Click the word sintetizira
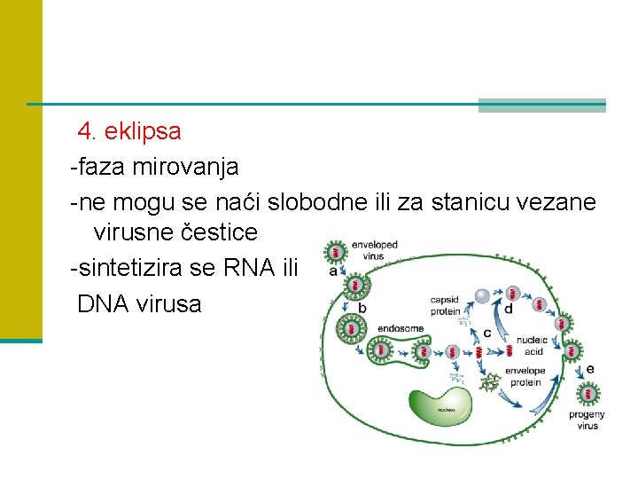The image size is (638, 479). (130, 267)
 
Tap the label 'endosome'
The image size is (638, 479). (400, 328)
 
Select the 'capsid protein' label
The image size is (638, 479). (445, 305)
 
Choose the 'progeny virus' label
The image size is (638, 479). (587, 420)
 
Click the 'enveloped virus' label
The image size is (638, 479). (374, 250)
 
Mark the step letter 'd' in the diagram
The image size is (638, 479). (508, 310)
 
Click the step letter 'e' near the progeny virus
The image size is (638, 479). (590, 369)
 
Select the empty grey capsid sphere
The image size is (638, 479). (482, 296)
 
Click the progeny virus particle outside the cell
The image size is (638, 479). (588, 392)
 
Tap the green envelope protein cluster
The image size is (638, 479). (488, 383)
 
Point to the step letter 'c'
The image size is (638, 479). (487, 333)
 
